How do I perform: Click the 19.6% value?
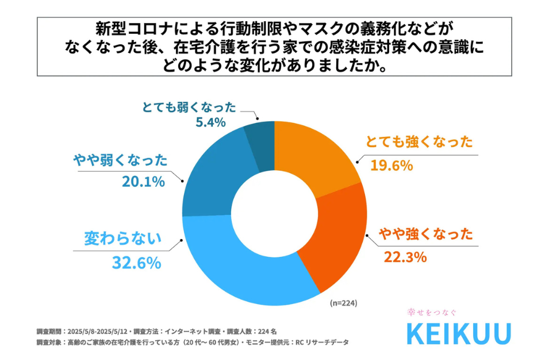(x=390, y=165)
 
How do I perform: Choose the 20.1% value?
(x=143, y=182)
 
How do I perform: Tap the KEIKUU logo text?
(x=458, y=334)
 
